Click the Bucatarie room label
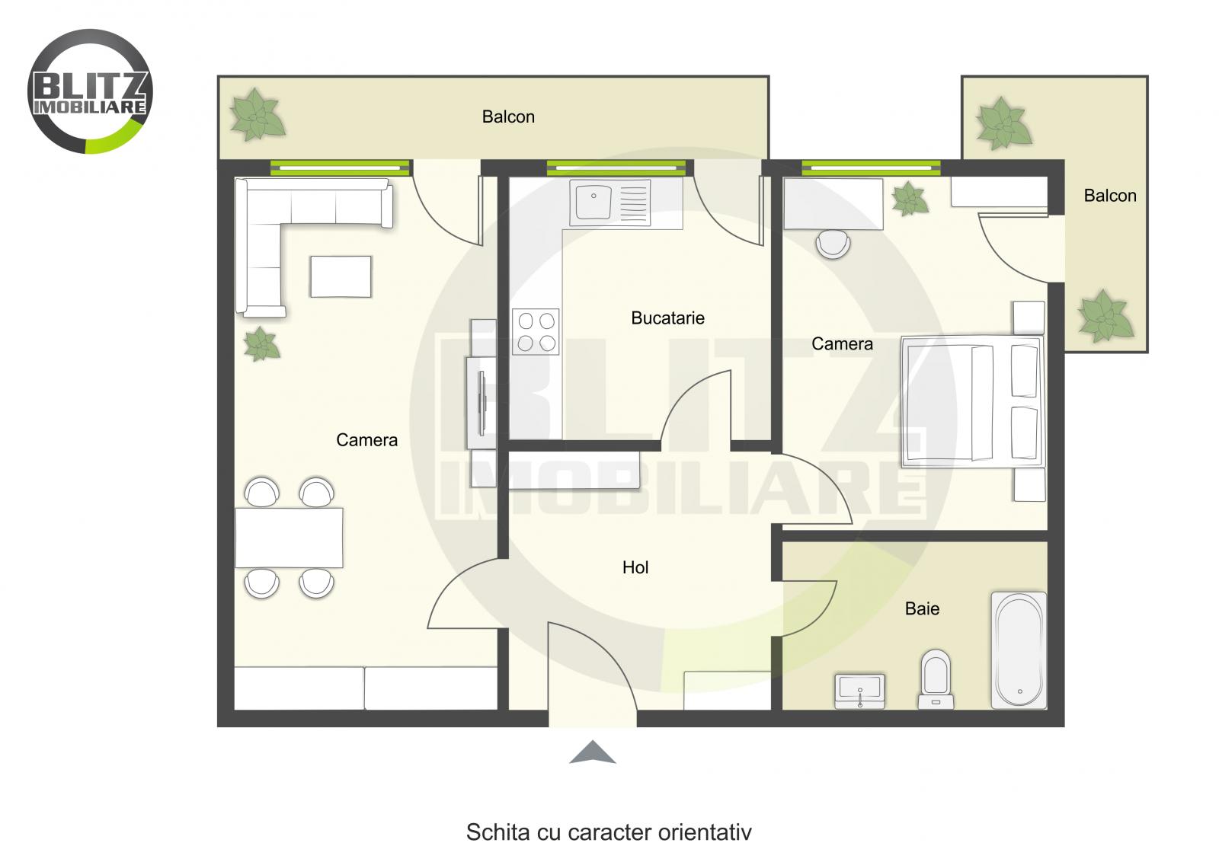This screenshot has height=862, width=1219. point(667,318)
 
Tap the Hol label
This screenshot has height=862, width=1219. point(635,567)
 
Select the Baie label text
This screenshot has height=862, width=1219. point(922,608)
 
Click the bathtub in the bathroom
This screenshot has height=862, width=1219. point(1019,650)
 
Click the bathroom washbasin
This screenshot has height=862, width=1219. point(860,690)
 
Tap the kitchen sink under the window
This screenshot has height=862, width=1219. point(609,203)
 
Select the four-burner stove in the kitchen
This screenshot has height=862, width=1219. point(536,331)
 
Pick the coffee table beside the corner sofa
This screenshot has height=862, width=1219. point(341,276)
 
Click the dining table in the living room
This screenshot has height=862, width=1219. point(289,538)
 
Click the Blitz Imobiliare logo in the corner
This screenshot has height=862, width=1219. point(90,91)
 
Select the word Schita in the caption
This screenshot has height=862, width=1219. point(488,832)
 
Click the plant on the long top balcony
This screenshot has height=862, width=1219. point(258,116)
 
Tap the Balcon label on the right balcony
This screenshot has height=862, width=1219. point(1109,196)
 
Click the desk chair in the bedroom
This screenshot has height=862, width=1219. point(833,244)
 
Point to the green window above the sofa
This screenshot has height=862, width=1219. point(340,168)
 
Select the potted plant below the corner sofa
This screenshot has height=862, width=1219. point(261,344)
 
